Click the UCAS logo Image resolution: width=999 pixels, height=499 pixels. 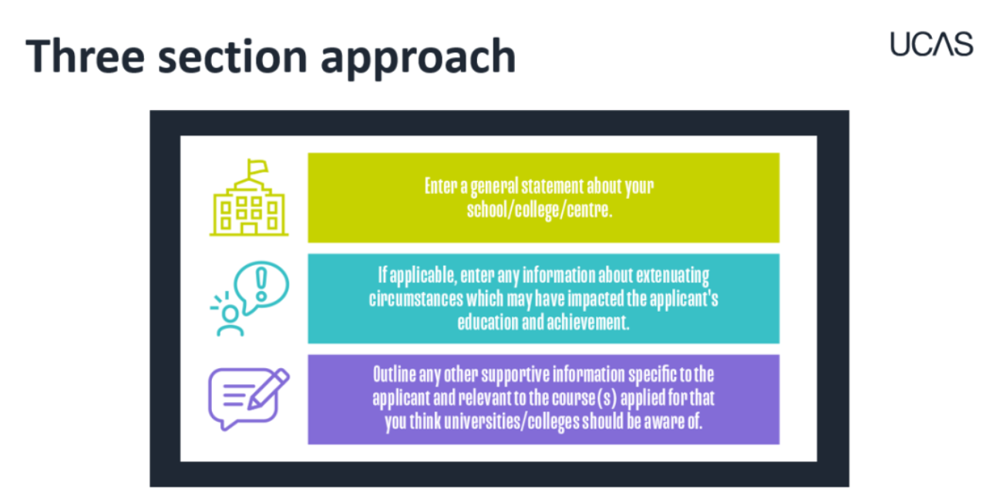pyautogui.click(x=932, y=44)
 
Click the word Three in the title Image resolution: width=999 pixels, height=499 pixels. pyautogui.click(x=86, y=56)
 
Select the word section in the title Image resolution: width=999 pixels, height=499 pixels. pyautogui.click(x=233, y=57)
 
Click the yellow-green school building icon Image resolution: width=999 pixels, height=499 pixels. pyautogui.click(x=249, y=197)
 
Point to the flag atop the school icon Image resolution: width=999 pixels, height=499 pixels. pyautogui.click(x=257, y=168)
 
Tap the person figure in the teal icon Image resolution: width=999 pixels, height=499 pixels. pyautogui.click(x=230, y=322)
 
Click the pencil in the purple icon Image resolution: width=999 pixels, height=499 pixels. pyautogui.click(x=268, y=389)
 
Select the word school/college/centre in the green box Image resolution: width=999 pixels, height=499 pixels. pyautogui.click(x=540, y=209)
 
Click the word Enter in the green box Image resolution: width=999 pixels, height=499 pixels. pyautogui.click(x=441, y=186)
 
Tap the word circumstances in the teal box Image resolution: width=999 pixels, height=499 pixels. pyautogui.click(x=416, y=299)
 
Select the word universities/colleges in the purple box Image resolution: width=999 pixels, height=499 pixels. pyautogui.click(x=510, y=421)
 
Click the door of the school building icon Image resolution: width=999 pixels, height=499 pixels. pyautogui.click(x=249, y=229)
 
